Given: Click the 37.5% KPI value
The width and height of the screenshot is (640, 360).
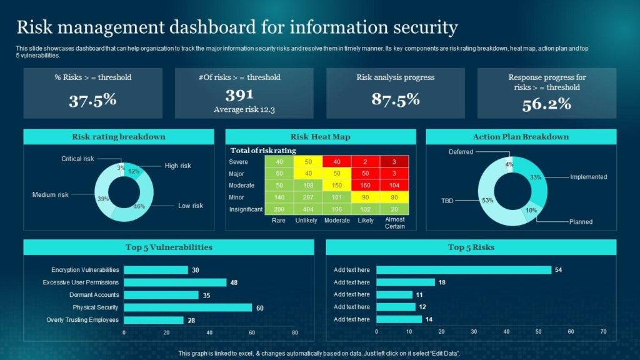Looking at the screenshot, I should [x=92, y=100].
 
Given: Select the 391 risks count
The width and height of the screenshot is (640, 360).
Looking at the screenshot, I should [x=239, y=95].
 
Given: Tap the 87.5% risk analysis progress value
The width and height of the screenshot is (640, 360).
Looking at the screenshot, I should [x=395, y=99].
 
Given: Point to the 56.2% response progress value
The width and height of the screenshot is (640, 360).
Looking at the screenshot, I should [x=547, y=104].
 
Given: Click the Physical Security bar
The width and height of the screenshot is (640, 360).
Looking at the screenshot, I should [x=187, y=307].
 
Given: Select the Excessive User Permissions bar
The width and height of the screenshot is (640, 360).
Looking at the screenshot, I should [x=175, y=282].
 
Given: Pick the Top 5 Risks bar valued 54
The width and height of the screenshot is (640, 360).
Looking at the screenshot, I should [x=464, y=270].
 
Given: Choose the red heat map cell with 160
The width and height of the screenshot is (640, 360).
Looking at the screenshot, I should [x=366, y=185].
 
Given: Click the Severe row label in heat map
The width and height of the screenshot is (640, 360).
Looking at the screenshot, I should [x=238, y=162].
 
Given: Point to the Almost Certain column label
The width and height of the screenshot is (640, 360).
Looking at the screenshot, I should [x=395, y=223].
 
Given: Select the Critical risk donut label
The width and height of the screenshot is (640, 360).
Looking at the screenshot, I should [x=77, y=159].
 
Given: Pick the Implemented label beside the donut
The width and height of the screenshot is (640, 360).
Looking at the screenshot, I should [x=588, y=177].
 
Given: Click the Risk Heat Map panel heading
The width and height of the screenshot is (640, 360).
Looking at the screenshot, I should [x=320, y=137].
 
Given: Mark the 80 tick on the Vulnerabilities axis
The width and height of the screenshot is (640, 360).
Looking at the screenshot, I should [x=294, y=333].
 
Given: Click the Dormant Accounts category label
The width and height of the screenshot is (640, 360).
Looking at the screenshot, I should [x=94, y=295].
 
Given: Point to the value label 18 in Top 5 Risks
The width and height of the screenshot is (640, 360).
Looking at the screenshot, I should [x=441, y=282].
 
